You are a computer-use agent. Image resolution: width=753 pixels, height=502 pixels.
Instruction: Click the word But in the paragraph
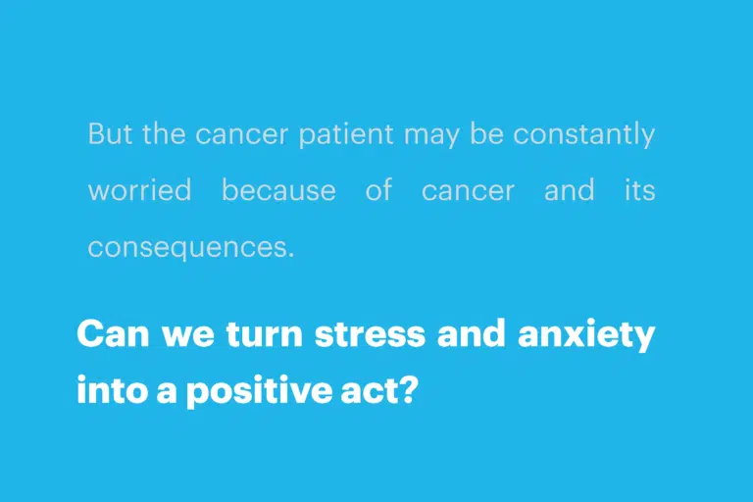click(110, 133)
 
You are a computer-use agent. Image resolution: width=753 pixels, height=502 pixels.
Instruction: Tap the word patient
click(346, 135)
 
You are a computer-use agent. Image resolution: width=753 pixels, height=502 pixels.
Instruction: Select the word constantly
click(584, 135)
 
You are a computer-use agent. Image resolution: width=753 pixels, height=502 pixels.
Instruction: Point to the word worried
click(140, 190)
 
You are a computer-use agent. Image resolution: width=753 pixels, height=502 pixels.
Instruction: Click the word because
click(278, 190)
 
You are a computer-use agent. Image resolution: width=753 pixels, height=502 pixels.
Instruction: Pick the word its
click(639, 190)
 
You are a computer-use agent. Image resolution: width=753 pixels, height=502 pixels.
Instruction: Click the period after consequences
click(290, 255)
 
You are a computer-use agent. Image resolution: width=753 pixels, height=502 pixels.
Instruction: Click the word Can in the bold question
click(114, 334)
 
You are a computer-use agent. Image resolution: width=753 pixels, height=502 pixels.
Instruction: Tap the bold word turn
click(264, 334)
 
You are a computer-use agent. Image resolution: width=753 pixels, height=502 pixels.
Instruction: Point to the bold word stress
click(370, 334)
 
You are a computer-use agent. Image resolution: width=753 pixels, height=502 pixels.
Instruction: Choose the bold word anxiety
click(586, 335)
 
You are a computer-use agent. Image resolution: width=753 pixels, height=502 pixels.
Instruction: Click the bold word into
click(111, 390)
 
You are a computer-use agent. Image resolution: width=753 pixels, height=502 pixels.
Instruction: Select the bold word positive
click(259, 391)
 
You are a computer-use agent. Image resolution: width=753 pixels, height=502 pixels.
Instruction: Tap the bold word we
click(188, 335)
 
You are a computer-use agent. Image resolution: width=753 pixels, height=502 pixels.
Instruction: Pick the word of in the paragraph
click(378, 189)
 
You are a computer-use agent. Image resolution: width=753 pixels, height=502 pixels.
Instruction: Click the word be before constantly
click(486, 133)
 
